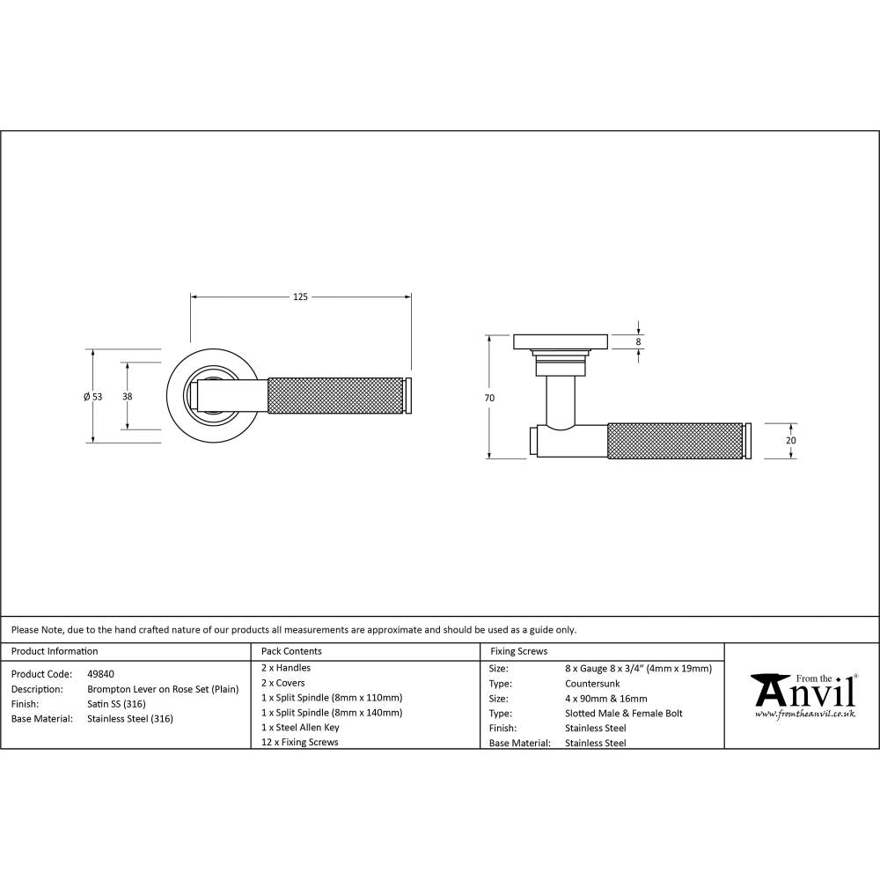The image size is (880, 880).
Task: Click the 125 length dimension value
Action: (x=300, y=297)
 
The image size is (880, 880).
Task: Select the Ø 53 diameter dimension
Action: (x=92, y=397)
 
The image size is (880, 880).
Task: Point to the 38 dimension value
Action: (x=128, y=397)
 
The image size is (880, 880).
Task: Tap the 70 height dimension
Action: (x=489, y=398)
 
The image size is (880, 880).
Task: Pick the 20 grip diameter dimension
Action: (x=790, y=441)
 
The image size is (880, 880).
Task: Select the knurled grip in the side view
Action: (x=675, y=441)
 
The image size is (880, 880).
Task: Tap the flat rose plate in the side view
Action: (x=561, y=341)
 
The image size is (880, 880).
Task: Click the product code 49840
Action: (x=100, y=673)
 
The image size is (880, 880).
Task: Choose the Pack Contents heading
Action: (x=291, y=651)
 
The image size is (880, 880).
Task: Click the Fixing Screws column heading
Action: (x=518, y=651)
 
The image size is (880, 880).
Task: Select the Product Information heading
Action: (x=55, y=651)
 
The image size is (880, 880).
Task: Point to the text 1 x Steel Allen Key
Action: (x=300, y=728)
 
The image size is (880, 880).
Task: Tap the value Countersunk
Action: (x=591, y=683)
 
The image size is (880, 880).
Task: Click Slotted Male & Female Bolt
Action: (x=623, y=713)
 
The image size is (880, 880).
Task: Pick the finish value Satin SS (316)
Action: (x=117, y=704)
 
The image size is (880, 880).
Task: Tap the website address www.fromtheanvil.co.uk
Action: (x=804, y=715)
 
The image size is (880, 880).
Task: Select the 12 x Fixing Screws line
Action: (x=299, y=742)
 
